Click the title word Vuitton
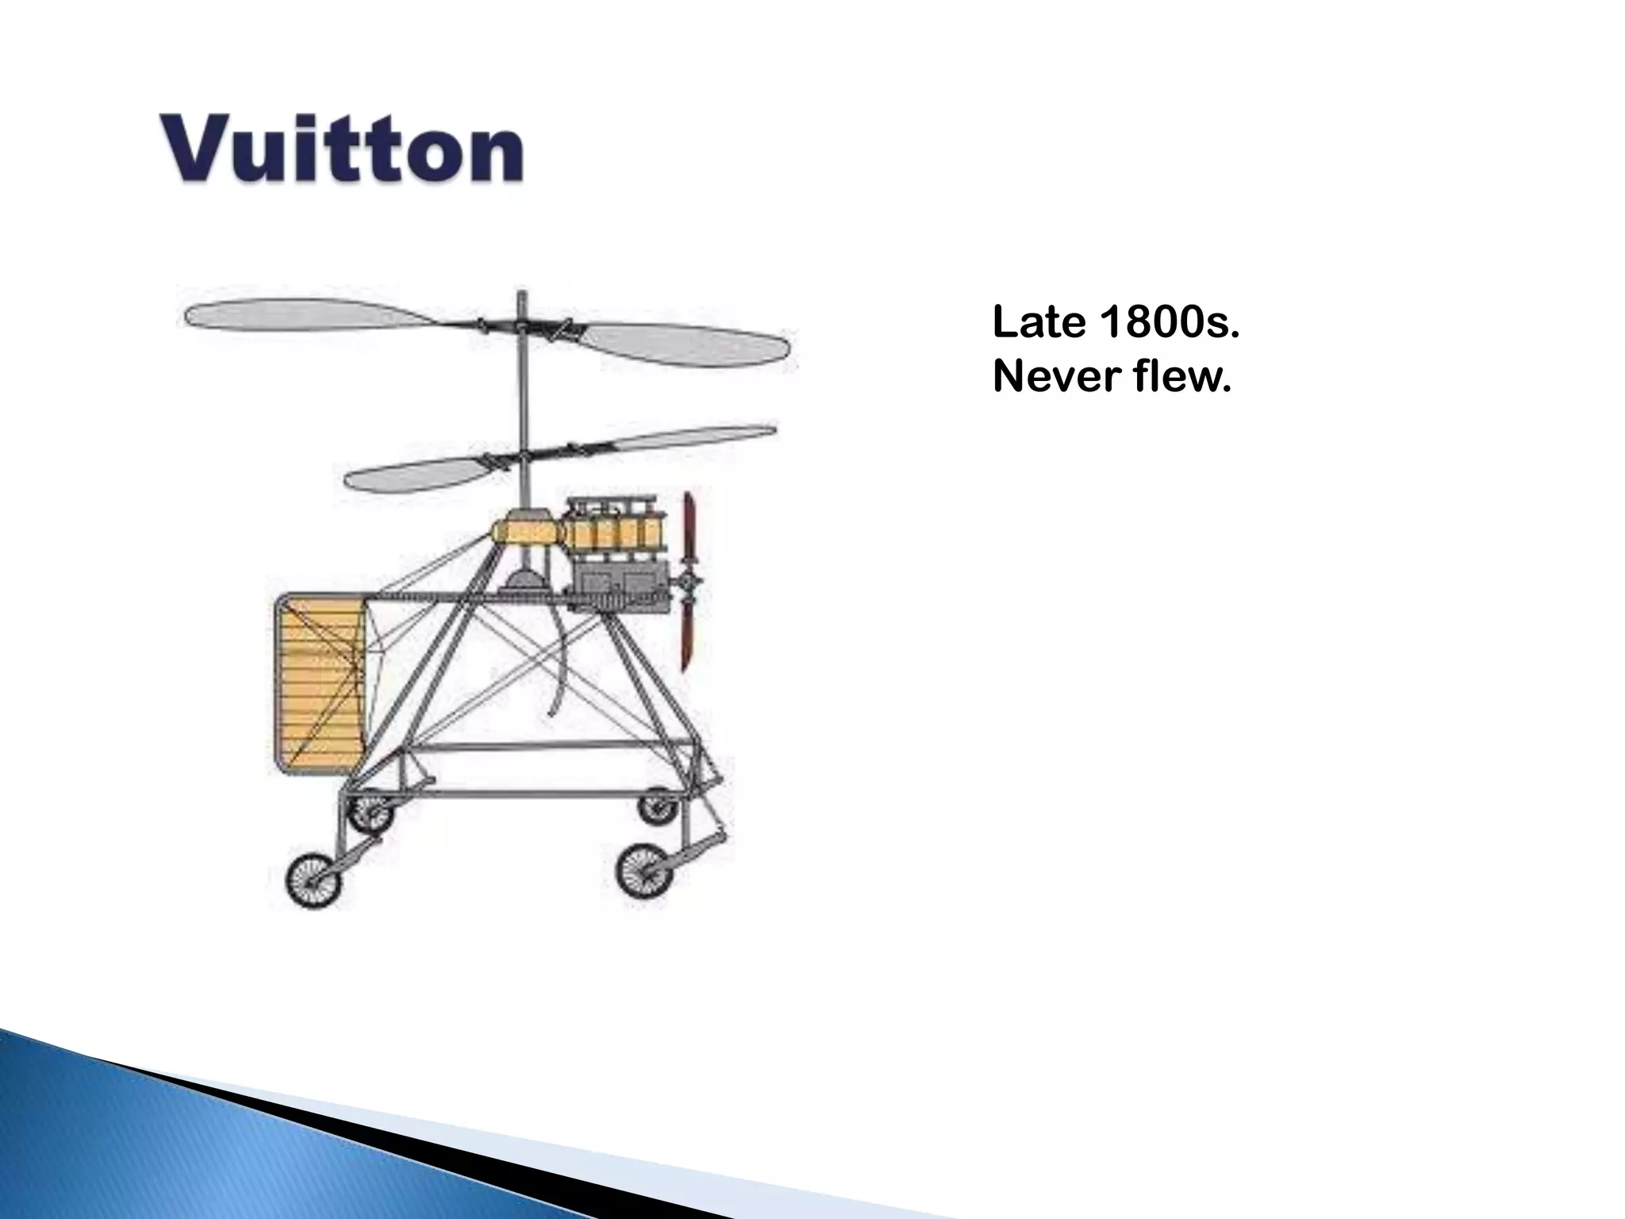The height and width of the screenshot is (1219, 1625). [x=343, y=149]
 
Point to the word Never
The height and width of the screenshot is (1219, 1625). [x=1055, y=377]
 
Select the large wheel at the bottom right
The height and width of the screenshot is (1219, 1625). [x=644, y=870]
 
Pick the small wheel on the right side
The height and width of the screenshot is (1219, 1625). [x=659, y=806]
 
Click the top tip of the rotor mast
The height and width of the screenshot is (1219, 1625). [x=521, y=295]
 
